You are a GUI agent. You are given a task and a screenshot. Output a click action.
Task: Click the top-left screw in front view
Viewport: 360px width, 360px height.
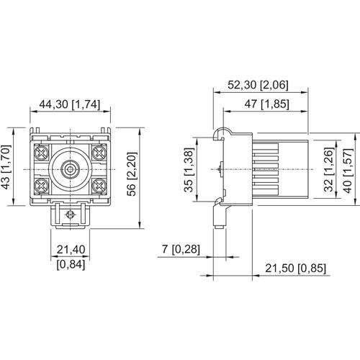[x=42, y=152]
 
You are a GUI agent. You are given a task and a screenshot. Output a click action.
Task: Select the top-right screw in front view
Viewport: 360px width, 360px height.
[x=99, y=152]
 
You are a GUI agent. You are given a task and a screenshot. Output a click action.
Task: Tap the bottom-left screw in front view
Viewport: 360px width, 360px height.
[x=42, y=184]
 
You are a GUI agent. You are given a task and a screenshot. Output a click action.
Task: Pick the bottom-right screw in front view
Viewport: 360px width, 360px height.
[x=99, y=184]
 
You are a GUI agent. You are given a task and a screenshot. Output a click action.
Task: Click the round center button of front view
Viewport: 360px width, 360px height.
[x=70, y=168]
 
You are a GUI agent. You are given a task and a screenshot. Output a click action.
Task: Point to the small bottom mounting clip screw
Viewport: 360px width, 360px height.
[x=70, y=215]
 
